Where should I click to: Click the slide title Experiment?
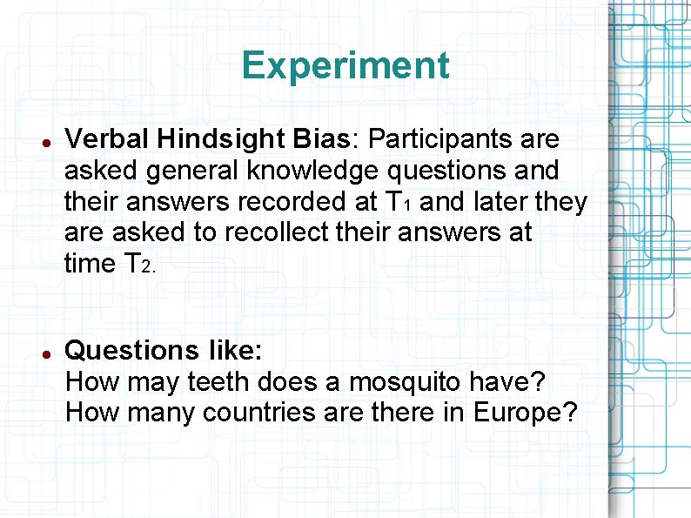[345, 65]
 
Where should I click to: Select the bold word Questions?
[132, 351]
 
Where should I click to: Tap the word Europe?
[526, 412]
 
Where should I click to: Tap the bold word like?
[235, 351]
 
